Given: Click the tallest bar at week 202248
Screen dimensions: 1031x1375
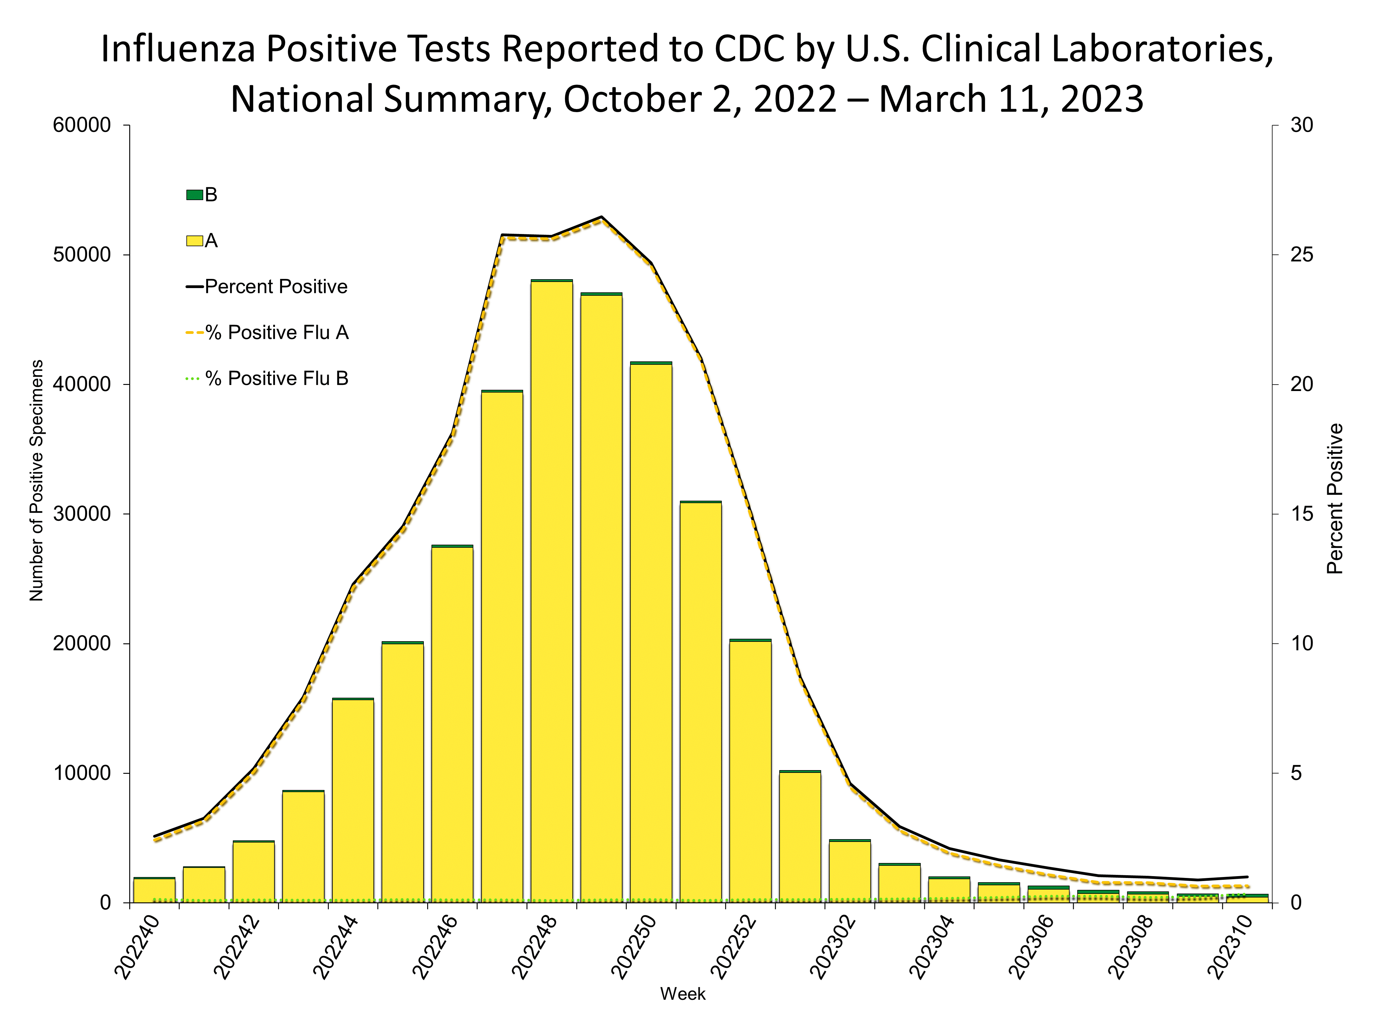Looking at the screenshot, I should [551, 590].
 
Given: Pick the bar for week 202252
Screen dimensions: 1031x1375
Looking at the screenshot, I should [750, 771].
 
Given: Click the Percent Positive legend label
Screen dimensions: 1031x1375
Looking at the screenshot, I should [276, 287].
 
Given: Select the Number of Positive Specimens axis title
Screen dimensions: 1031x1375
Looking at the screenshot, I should [37, 481].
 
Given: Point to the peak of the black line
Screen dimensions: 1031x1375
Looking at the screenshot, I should [601, 217].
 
